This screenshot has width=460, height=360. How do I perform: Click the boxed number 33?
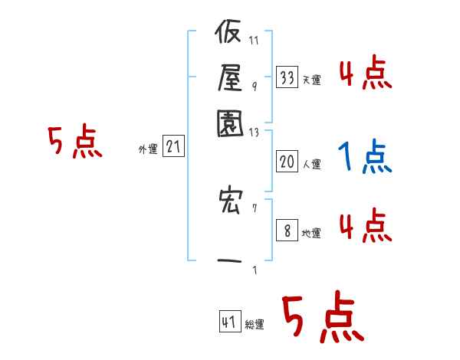287,77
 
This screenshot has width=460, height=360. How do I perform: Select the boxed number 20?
287,162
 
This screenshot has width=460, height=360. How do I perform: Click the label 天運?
311,80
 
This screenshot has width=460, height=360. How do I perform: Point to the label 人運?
311,164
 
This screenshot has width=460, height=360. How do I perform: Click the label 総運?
255,325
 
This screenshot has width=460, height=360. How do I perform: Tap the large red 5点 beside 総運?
321,319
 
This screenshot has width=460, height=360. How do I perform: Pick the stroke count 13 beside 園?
255,132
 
